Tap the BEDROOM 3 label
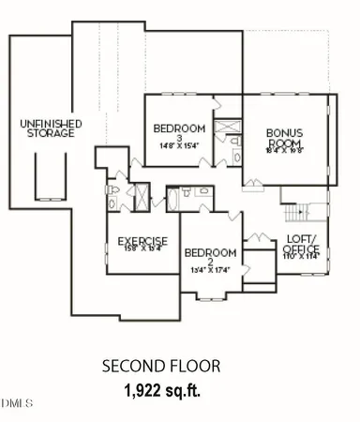pos(178,133)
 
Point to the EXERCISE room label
pos(142,241)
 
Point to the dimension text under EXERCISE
pos(142,249)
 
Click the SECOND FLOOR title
pos(160,367)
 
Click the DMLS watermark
pos(16,404)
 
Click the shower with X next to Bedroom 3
pos(227,127)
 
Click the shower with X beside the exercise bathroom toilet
pos(140,197)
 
